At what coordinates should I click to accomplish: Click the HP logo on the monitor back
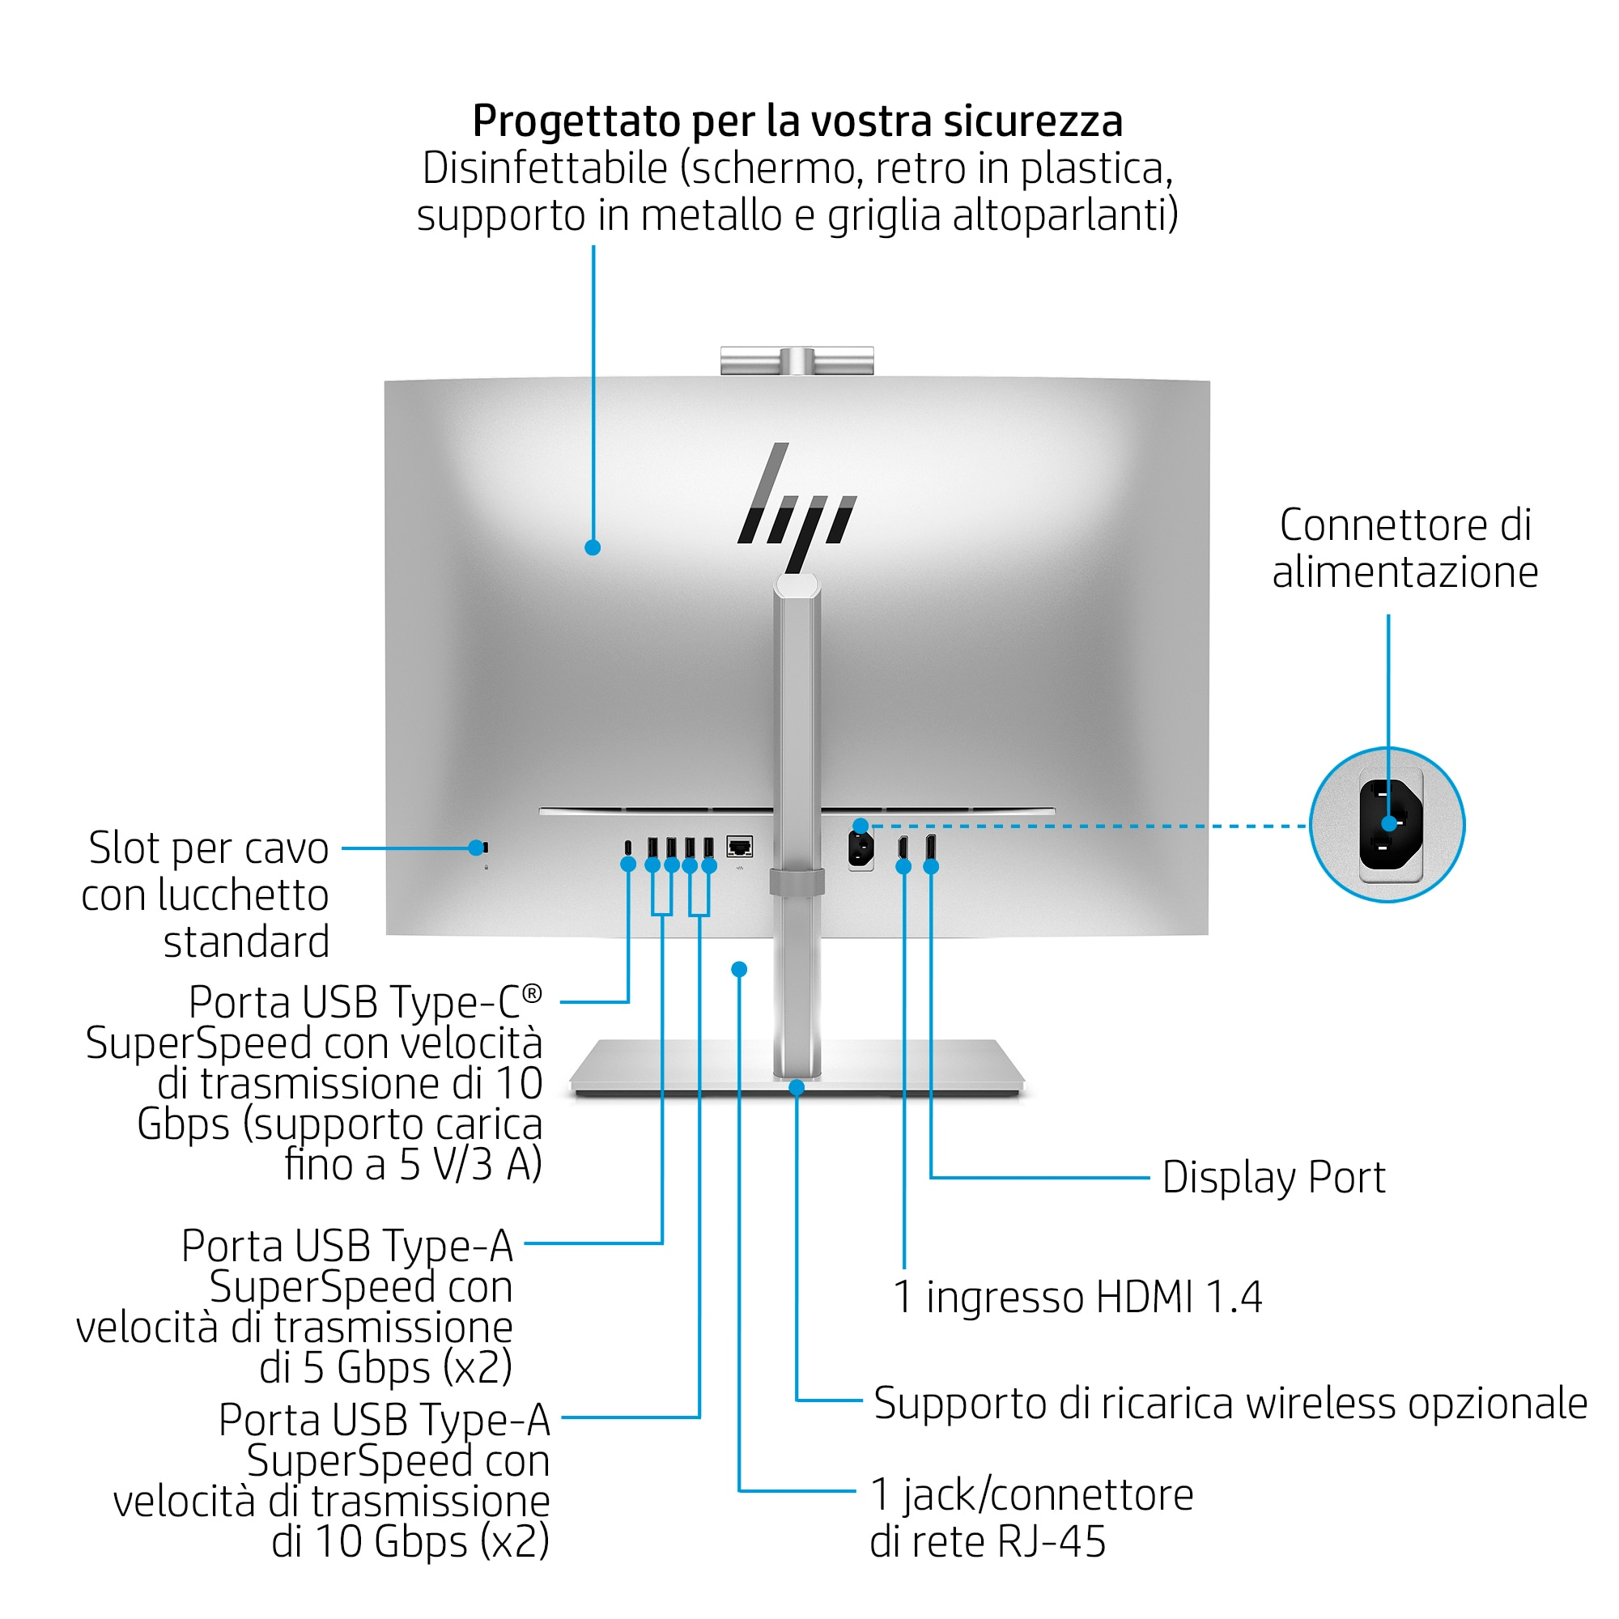coord(796,507)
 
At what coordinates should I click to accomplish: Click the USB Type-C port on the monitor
coord(628,847)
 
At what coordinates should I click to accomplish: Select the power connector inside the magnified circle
coord(1389,824)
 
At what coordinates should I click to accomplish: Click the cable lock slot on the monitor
coord(484,848)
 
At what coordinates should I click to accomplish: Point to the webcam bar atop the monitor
coord(796,360)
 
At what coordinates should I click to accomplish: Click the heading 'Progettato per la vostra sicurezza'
coord(797,121)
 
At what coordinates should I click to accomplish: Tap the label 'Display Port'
coord(1273,1177)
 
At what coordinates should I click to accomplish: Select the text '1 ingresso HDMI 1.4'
coord(1077,1297)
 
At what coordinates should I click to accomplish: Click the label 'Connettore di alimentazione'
coord(1404,549)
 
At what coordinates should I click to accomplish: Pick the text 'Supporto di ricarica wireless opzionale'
coord(1230,1403)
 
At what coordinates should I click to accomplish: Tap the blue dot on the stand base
coord(797,1088)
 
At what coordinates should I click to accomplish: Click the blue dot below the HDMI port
coord(903,866)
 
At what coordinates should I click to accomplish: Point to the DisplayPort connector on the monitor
coord(930,847)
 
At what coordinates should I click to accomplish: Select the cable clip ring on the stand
coord(796,882)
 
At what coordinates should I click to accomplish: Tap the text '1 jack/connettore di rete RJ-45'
coord(1030,1518)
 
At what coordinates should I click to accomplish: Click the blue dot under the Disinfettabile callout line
coord(593,547)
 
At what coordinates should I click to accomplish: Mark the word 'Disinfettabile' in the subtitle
coord(544,168)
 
